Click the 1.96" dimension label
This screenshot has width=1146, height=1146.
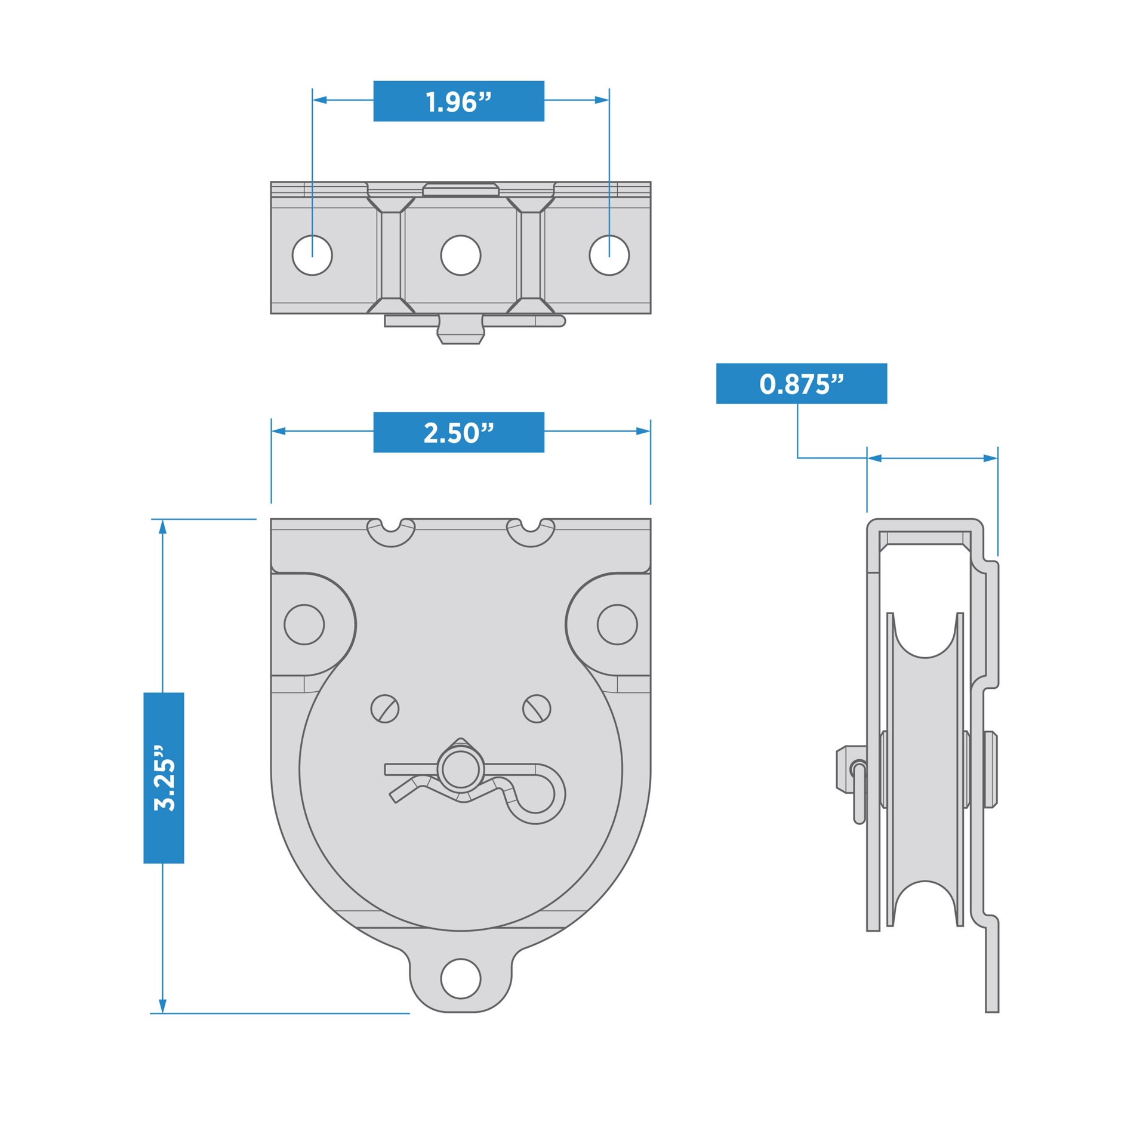458,101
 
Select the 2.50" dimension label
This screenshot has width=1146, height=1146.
458,432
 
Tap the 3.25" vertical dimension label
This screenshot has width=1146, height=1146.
164,778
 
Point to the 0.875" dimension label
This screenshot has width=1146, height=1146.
801,384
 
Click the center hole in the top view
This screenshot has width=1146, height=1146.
460,255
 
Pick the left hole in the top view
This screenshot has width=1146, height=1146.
312,255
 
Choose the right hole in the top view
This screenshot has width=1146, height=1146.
609,255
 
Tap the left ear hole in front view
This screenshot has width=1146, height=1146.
304,624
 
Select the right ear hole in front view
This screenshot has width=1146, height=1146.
617,624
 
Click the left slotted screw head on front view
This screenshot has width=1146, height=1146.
385,709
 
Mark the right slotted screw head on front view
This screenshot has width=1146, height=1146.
537,709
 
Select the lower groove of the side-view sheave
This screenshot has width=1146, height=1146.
925,904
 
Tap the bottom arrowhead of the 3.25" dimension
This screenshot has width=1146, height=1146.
162,1006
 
